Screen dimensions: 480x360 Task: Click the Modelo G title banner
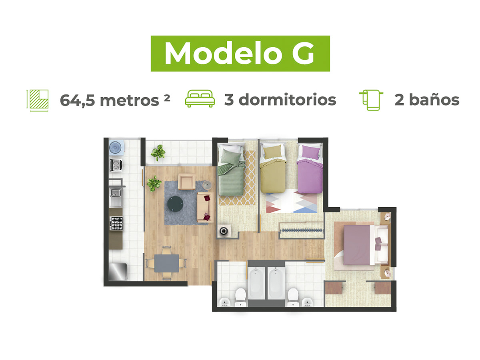point(240,53)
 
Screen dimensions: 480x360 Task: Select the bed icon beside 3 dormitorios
point(200,98)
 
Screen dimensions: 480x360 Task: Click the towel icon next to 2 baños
point(371,100)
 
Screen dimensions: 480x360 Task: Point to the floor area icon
point(37,100)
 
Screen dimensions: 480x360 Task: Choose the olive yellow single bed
point(273,168)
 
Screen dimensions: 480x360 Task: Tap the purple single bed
point(310,168)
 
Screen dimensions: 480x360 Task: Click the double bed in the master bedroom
point(363,244)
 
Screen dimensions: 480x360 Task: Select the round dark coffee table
point(175,204)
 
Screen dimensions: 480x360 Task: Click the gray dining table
point(166,263)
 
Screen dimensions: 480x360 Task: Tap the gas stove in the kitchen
point(116,223)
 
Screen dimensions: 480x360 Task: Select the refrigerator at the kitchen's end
point(118,272)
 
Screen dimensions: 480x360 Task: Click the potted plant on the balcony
point(158,152)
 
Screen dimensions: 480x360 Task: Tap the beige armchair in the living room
point(187,181)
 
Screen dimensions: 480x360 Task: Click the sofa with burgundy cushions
point(205,207)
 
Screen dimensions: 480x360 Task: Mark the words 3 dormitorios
point(280,100)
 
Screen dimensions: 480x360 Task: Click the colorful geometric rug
point(292,202)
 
